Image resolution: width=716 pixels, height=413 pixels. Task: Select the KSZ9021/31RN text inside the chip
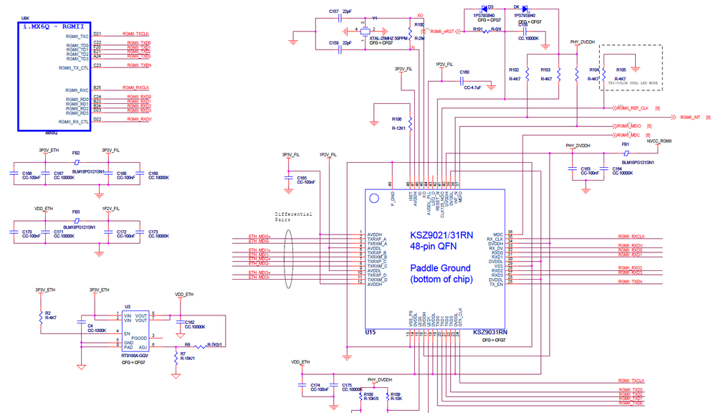pyautogui.click(x=441, y=235)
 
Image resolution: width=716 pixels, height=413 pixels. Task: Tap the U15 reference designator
pyautogui.click(x=370, y=333)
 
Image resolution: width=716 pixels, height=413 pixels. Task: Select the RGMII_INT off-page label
pyautogui.click(x=689, y=117)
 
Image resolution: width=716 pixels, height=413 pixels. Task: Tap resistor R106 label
pyautogui.click(x=397, y=119)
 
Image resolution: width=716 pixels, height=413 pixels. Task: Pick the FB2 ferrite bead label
pyautogui.click(x=76, y=153)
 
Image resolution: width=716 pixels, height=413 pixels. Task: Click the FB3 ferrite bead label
pyautogui.click(x=76, y=212)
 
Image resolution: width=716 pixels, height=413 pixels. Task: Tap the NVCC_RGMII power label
pyautogui.click(x=659, y=141)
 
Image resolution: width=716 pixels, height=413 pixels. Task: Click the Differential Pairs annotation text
pyautogui.click(x=292, y=218)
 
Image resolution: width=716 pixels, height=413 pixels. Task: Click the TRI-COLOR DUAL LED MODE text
pyautogui.click(x=634, y=84)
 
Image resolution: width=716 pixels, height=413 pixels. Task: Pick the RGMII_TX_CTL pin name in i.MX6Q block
pyautogui.click(x=74, y=68)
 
